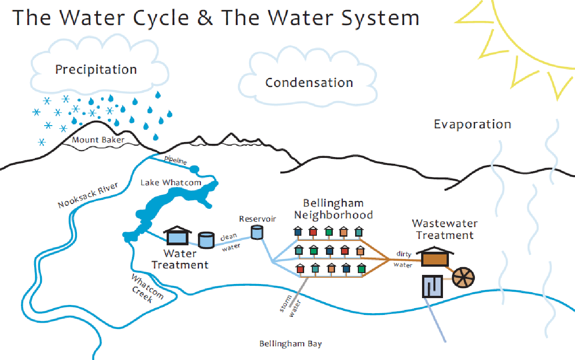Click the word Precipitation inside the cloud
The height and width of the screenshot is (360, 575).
point(96,70)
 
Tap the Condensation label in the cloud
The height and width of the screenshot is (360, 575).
point(309,83)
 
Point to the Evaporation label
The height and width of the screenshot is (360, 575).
point(472,124)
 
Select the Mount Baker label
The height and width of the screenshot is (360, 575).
point(98,140)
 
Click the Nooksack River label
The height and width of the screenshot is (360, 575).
point(88,195)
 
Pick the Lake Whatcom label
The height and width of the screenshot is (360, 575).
point(171,183)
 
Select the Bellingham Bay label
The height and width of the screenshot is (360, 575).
point(290,344)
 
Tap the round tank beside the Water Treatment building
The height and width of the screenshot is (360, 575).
point(206,240)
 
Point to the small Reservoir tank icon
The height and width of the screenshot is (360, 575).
point(257,232)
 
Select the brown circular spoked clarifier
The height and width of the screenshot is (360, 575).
point(463,276)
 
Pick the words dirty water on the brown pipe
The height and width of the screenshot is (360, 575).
point(403,260)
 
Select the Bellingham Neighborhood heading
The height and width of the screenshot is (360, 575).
point(333,209)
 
